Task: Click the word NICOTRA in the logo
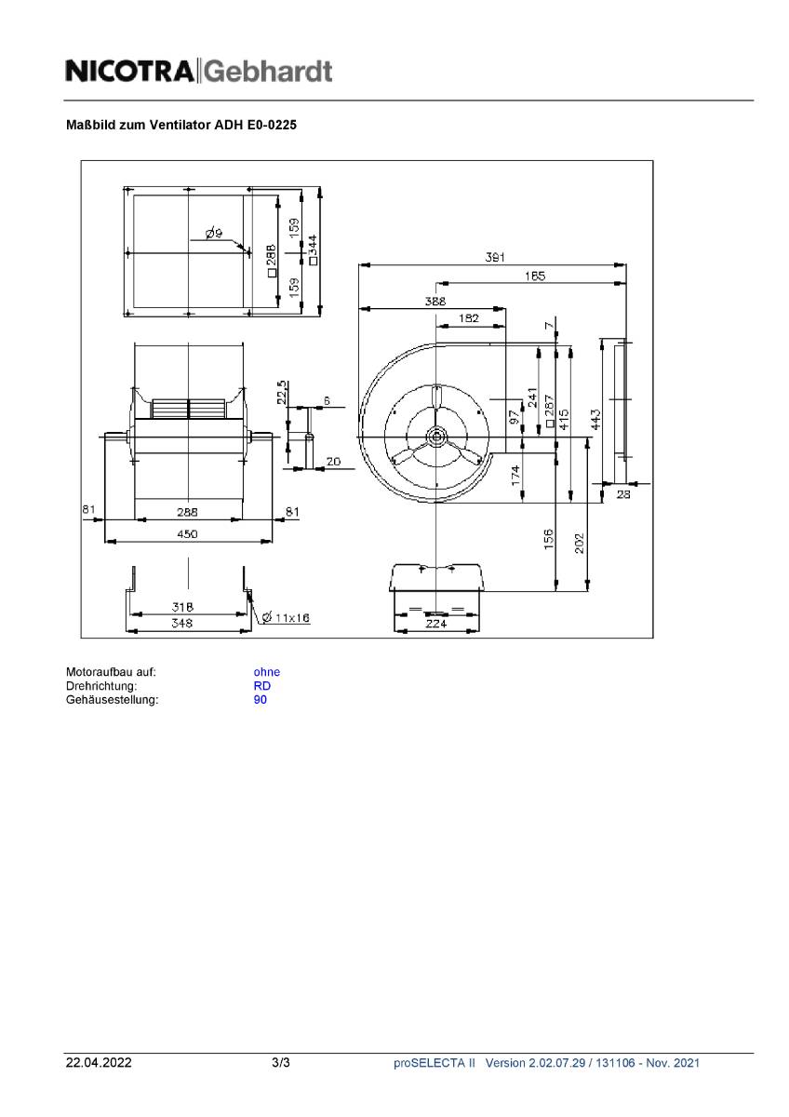click(x=130, y=71)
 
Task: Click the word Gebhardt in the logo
click(x=268, y=71)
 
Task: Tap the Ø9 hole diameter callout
click(x=213, y=234)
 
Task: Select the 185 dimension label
click(x=534, y=276)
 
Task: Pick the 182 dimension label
click(x=470, y=318)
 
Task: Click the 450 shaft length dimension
click(x=188, y=534)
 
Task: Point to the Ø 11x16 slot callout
click(x=287, y=618)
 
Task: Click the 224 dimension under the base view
click(x=436, y=625)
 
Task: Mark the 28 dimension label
click(x=623, y=495)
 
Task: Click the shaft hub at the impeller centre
click(x=435, y=435)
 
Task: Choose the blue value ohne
click(x=266, y=672)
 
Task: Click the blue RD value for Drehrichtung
click(x=261, y=686)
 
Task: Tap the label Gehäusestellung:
click(x=112, y=700)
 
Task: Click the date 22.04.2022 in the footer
click(x=98, y=1062)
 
